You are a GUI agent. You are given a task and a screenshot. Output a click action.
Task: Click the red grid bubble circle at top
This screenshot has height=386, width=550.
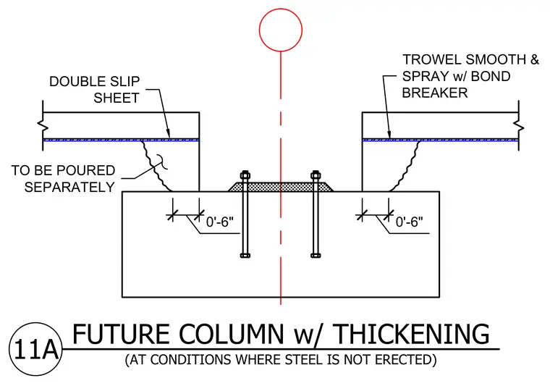click(x=281, y=9)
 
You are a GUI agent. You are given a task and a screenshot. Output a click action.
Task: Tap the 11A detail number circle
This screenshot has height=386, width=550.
click(x=35, y=323)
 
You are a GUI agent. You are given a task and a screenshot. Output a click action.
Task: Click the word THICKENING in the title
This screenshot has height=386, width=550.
click(x=412, y=334)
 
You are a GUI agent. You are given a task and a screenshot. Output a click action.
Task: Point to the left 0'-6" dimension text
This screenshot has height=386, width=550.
click(x=220, y=222)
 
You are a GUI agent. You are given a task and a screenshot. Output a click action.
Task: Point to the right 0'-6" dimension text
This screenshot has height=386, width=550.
click(x=410, y=222)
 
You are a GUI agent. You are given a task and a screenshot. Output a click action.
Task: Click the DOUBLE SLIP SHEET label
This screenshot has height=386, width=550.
click(x=95, y=90)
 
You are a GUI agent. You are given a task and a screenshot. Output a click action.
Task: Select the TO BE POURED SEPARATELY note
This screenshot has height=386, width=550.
click(x=63, y=179)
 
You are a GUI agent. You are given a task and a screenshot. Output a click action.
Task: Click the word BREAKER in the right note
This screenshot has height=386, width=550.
click(x=435, y=93)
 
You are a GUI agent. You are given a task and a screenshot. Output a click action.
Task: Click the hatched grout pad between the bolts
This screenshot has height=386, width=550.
click(x=281, y=187)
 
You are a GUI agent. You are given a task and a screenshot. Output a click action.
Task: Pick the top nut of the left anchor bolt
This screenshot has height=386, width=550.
click(x=245, y=175)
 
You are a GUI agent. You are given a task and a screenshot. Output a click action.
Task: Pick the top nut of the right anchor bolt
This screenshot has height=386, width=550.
click(x=316, y=175)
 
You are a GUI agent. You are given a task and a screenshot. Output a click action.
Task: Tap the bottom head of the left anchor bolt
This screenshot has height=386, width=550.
click(x=245, y=255)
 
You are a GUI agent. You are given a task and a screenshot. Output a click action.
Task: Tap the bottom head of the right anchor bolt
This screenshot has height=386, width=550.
click(x=316, y=255)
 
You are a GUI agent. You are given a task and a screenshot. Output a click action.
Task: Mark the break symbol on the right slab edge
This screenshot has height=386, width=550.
click(x=519, y=125)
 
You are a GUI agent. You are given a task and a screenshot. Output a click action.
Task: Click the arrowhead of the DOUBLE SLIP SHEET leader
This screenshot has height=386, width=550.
click(x=169, y=136)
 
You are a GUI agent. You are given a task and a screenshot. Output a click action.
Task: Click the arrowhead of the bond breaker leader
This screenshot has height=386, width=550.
click(x=389, y=136)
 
